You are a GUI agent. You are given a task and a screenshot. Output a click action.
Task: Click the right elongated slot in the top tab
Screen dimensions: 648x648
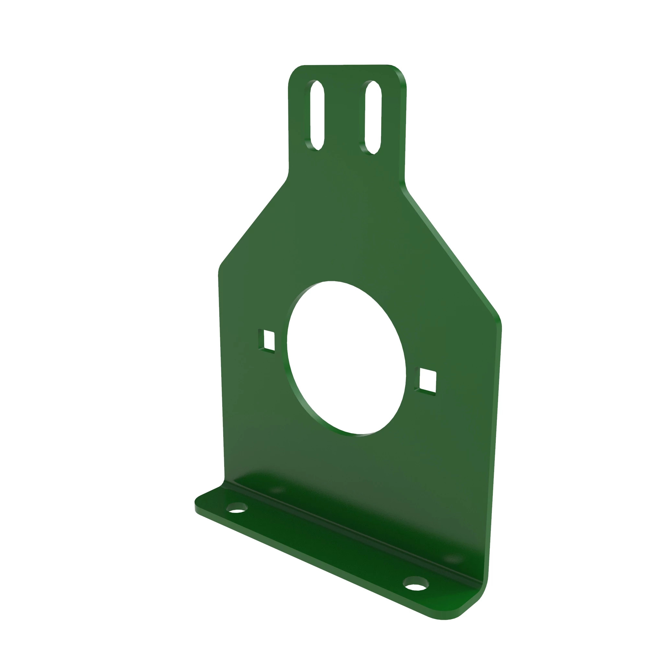tap(373, 117)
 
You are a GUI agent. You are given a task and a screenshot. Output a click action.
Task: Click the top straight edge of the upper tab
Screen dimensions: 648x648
tap(345, 65)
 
